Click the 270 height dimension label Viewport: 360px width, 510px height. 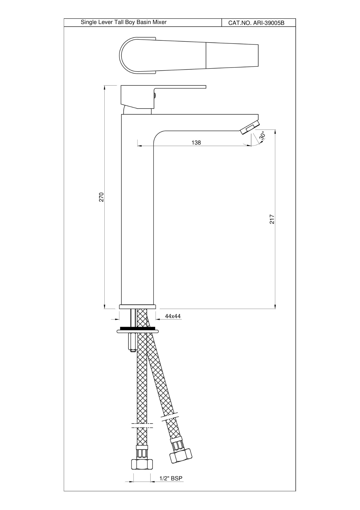(101, 197)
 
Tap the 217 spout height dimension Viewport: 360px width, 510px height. (272, 219)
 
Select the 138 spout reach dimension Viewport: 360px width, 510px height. (196, 143)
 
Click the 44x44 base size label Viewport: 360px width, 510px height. (173, 316)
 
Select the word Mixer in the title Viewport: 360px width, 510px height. (159, 22)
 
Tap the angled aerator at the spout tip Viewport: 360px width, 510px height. (250, 128)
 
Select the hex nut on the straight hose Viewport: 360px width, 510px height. (142, 464)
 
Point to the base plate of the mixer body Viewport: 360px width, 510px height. (138, 307)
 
